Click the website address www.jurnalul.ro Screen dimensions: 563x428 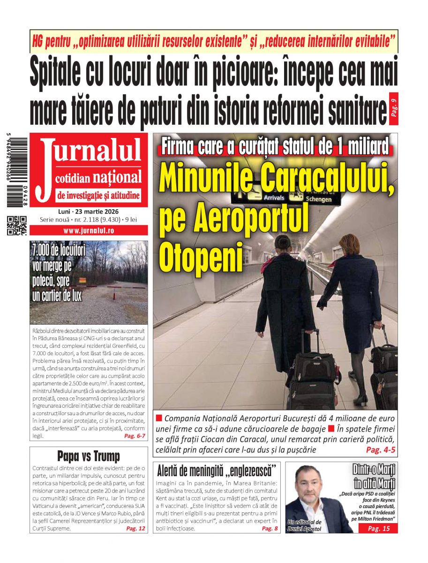point(89,231)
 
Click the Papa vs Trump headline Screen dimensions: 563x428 point(89,456)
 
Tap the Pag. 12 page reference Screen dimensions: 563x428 point(135,528)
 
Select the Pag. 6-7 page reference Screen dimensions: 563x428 point(135,436)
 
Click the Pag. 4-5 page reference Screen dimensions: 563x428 point(381,450)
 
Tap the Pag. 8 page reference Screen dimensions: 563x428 point(270,528)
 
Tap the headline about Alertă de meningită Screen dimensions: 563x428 point(216,470)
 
